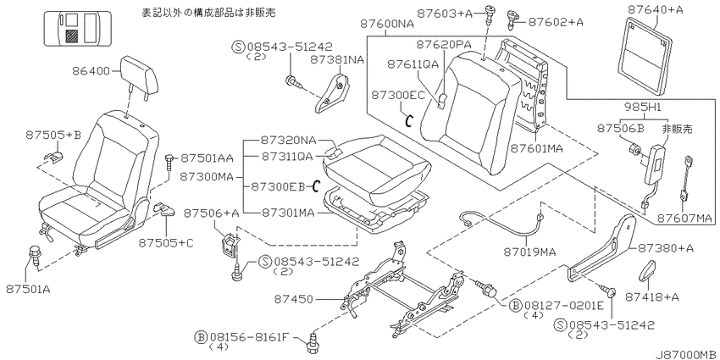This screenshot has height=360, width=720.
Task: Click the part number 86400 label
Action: click(x=91, y=71)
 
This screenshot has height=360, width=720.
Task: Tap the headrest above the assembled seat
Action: click(x=140, y=77)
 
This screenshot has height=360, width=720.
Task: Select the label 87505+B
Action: click(x=53, y=135)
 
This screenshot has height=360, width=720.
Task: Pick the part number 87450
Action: click(x=294, y=300)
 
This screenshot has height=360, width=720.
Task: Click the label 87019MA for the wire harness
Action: click(x=529, y=252)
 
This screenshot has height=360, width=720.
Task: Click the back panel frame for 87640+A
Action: click(x=645, y=54)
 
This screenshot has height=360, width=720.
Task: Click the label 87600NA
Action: click(x=387, y=24)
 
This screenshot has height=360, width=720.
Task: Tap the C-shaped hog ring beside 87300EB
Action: click(x=315, y=186)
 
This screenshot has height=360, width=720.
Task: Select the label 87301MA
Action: click(x=288, y=213)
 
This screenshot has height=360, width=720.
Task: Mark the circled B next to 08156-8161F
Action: click(x=201, y=337)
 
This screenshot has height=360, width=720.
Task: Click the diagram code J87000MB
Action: click(x=685, y=355)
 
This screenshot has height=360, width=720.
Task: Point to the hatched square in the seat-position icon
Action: click(x=71, y=36)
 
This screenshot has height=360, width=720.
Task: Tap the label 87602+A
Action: click(x=556, y=21)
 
